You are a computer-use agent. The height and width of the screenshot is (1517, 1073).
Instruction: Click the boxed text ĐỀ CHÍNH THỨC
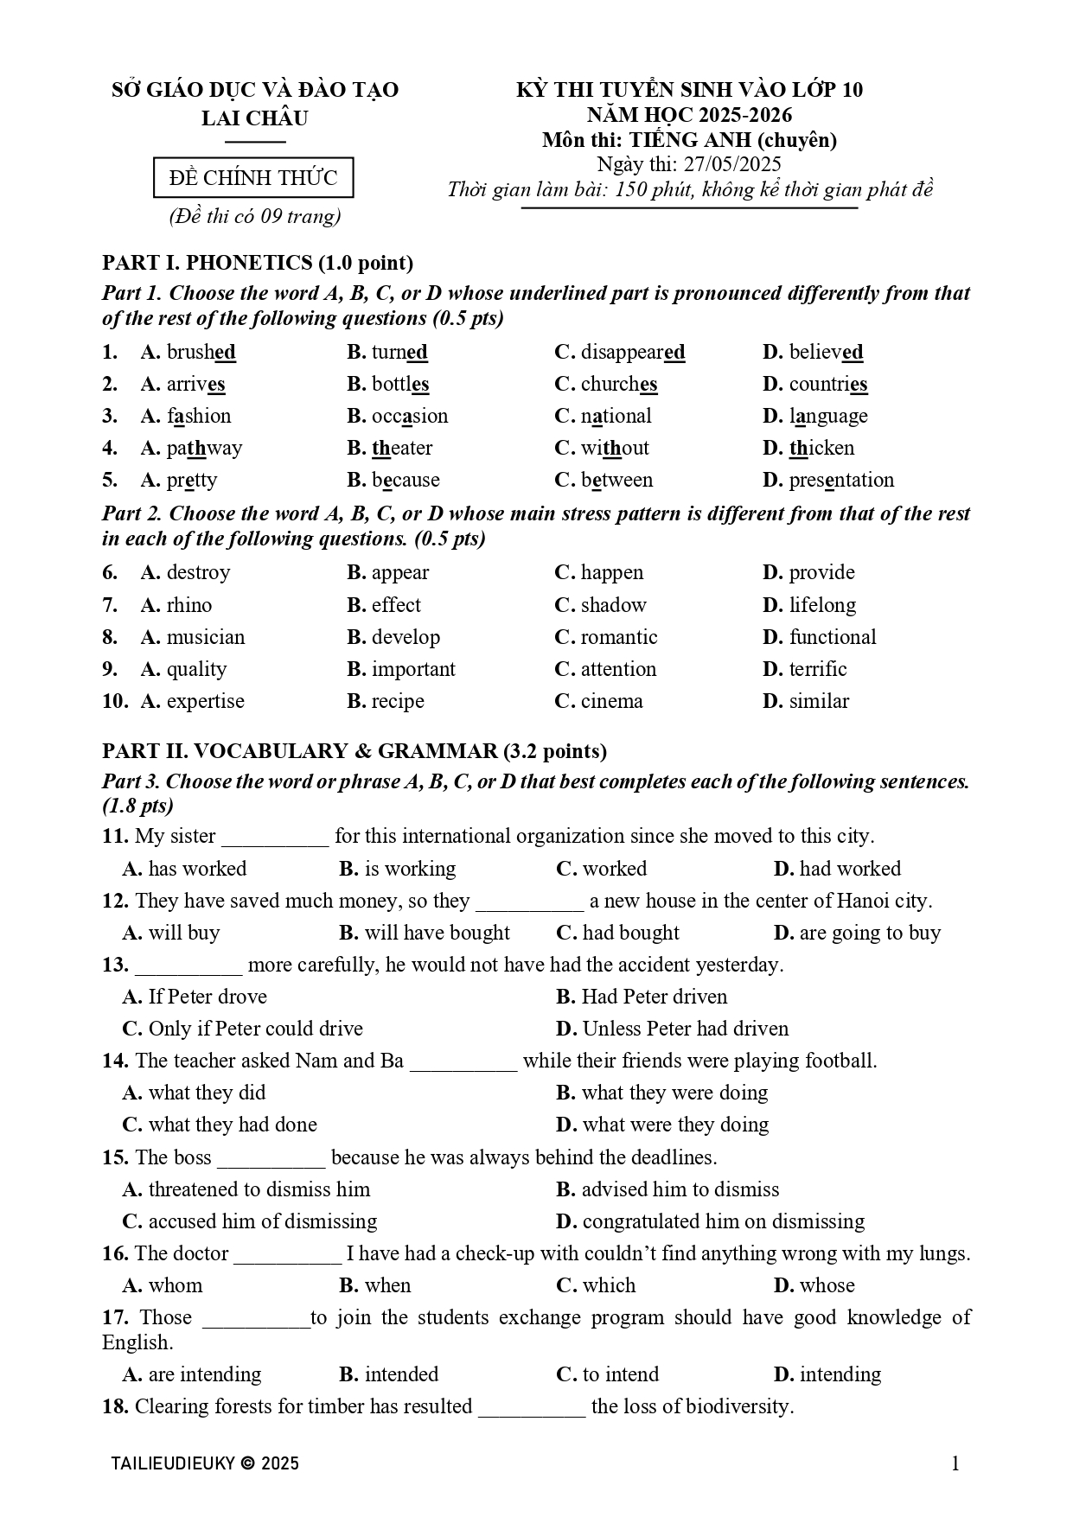click(253, 178)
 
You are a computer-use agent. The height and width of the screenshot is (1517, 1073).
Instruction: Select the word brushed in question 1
click(201, 353)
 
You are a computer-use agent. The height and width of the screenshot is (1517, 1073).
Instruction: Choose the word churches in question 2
click(619, 385)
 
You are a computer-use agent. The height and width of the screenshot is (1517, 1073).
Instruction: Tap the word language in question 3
click(828, 417)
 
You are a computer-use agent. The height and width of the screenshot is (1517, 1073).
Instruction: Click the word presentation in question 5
click(841, 481)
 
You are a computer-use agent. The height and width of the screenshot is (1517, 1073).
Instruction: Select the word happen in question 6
click(612, 573)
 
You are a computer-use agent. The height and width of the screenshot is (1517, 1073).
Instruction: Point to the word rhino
click(189, 605)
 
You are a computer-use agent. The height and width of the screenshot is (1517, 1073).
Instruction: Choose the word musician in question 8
click(206, 638)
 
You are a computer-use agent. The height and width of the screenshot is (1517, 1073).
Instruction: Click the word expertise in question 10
click(206, 702)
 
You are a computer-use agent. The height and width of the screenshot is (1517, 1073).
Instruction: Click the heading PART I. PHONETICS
click(258, 263)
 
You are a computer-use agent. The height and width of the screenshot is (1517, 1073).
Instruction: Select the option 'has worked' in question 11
click(197, 869)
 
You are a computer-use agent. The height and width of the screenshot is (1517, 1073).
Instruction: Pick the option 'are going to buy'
click(870, 934)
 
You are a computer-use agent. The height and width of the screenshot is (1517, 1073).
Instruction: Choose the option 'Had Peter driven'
click(655, 998)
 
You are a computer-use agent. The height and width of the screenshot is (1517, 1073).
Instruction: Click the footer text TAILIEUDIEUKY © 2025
click(205, 1463)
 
